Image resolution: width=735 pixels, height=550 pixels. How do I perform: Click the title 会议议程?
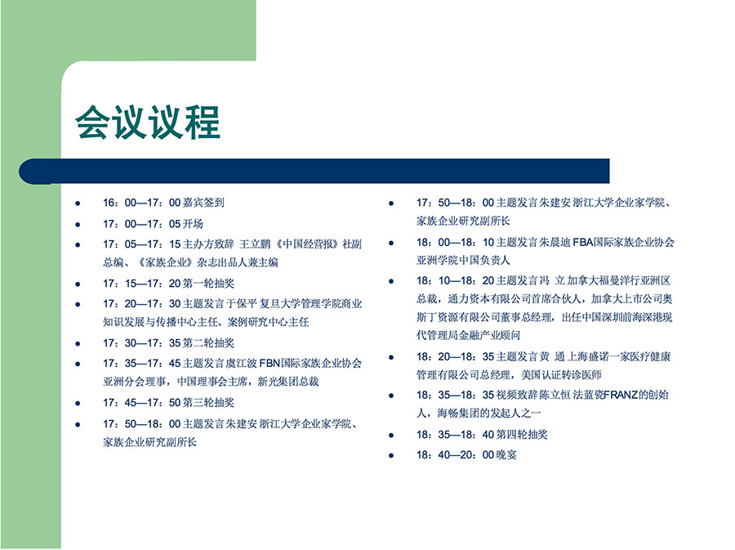148,122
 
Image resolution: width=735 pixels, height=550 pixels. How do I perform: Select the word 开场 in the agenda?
193,224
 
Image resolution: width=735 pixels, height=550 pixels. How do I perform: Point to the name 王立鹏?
255,244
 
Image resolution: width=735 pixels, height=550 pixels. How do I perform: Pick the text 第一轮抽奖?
208,284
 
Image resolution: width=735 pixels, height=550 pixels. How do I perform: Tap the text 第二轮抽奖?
208,342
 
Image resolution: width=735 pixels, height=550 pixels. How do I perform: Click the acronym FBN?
269,364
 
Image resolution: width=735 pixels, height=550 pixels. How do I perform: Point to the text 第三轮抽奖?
208,402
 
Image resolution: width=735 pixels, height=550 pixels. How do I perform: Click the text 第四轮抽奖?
522,435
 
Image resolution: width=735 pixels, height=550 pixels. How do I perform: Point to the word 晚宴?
506,455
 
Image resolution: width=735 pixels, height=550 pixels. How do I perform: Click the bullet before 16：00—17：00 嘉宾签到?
78,203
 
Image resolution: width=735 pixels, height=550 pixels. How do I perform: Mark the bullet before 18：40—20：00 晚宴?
391,456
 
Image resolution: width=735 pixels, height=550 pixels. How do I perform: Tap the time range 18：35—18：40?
455,435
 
